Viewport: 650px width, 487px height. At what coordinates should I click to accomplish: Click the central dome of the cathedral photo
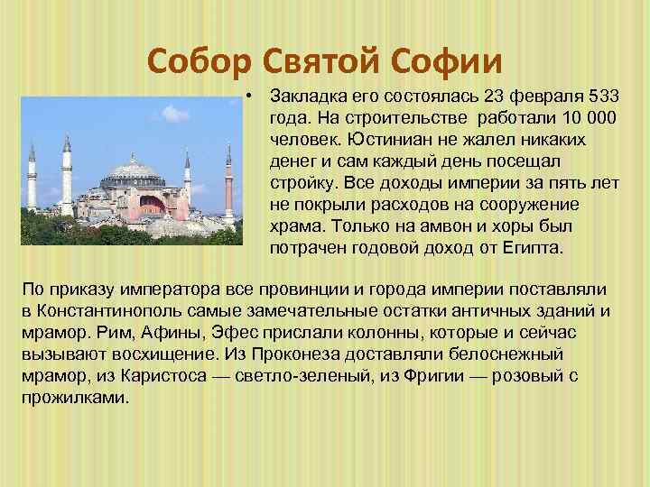[135, 168]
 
